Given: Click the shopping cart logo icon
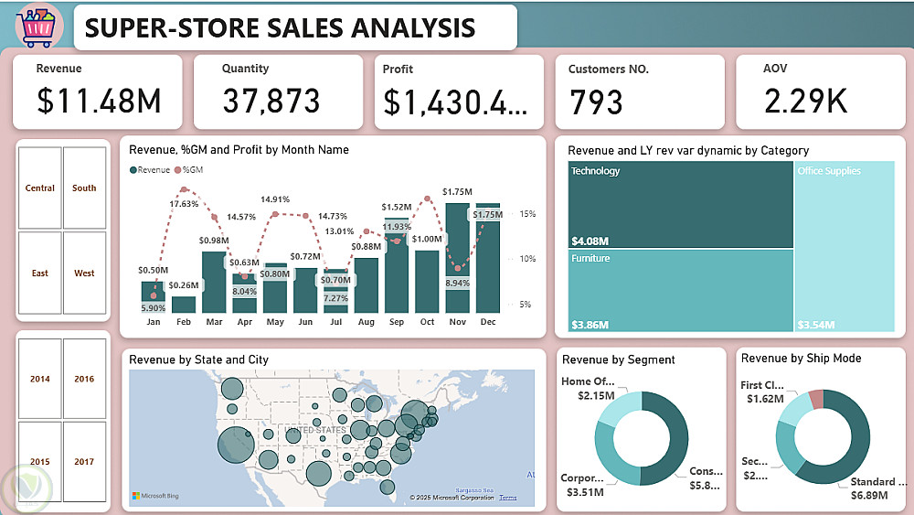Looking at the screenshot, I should (38, 27).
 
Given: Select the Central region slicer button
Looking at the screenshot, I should (40, 188).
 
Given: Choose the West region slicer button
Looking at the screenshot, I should (84, 274).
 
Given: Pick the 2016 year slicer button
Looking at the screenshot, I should (84, 379).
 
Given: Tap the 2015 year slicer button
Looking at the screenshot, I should (40, 462).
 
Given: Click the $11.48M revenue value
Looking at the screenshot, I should (99, 101).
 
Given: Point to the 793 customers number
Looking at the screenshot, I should (596, 102).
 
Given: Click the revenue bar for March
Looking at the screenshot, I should (214, 283).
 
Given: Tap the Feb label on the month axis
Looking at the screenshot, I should (184, 323).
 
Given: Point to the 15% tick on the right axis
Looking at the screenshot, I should (528, 214).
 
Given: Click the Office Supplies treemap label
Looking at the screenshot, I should (830, 171).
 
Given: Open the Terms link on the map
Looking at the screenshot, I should (507, 498).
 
